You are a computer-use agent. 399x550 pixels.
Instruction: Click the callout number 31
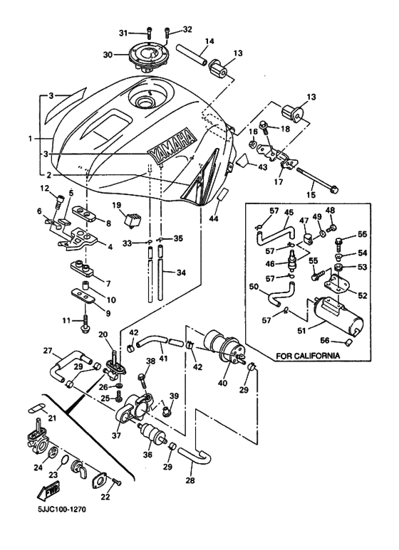(123, 33)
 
